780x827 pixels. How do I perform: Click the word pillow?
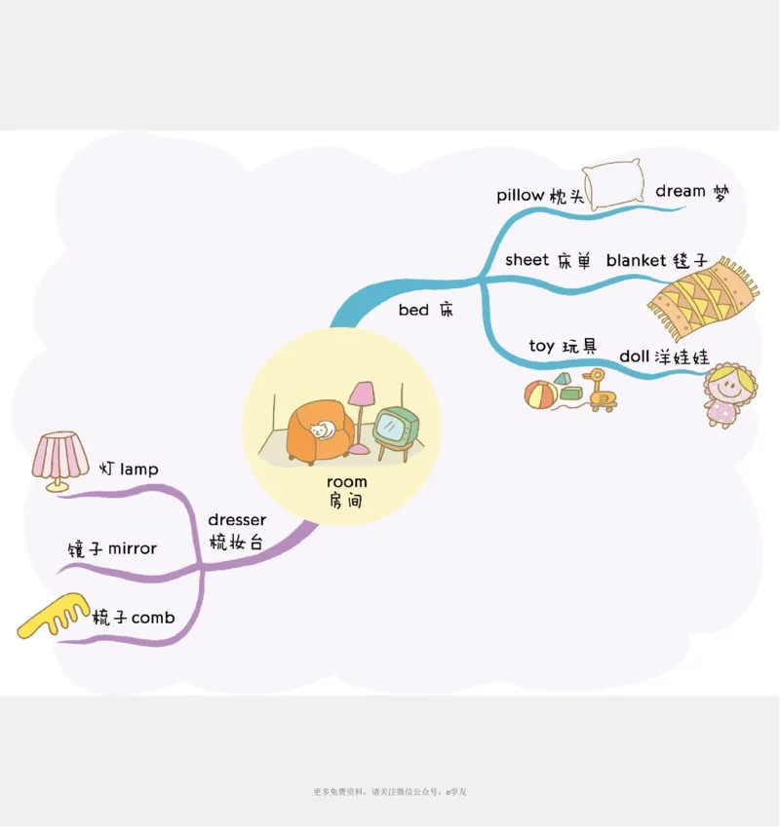click(x=520, y=196)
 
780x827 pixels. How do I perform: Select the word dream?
click(x=681, y=191)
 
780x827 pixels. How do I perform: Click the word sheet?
click(x=526, y=260)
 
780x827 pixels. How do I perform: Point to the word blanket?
click(x=636, y=260)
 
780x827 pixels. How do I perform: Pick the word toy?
click(x=541, y=346)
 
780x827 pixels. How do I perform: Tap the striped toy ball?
click(x=540, y=395)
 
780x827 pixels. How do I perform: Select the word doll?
click(x=634, y=357)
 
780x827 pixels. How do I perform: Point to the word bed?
click(x=413, y=311)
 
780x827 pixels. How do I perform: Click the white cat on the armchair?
click(x=321, y=431)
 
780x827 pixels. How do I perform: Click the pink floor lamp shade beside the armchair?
click(x=362, y=394)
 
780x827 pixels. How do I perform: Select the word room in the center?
click(x=347, y=482)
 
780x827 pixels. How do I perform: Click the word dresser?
click(x=236, y=520)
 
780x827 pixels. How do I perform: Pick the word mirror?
click(x=132, y=548)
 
